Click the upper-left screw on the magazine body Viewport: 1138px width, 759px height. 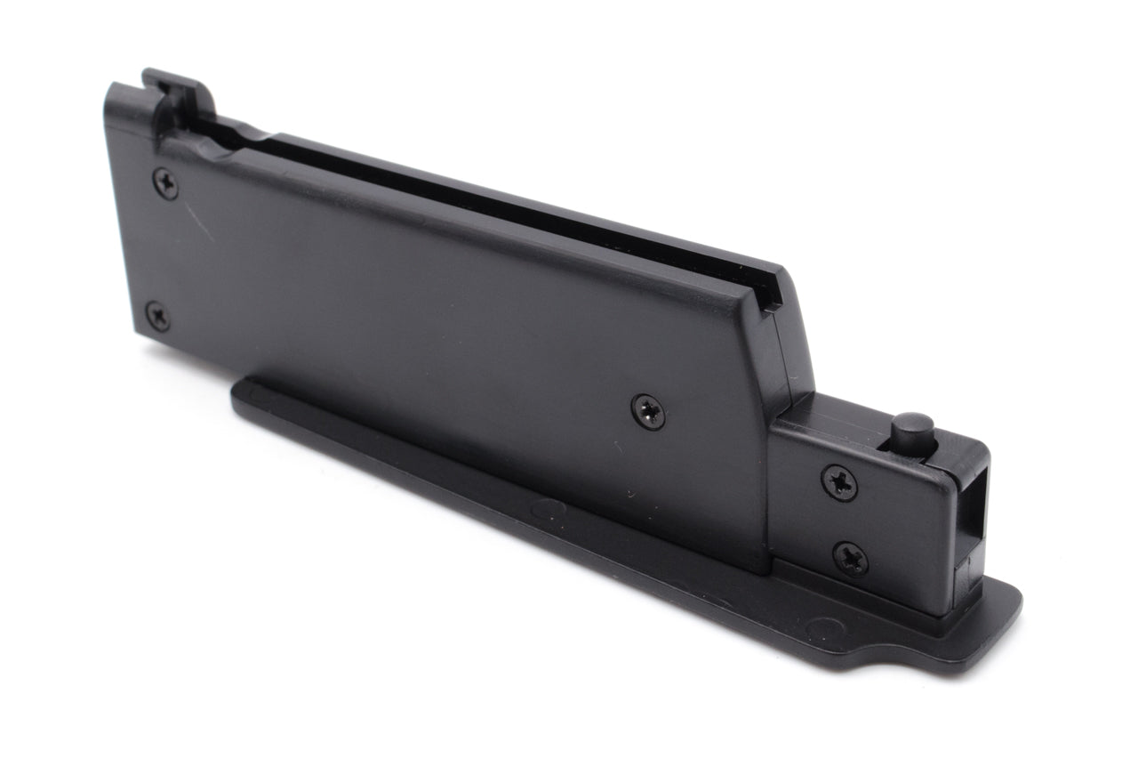click(165, 183)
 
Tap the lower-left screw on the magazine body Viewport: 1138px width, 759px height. click(157, 316)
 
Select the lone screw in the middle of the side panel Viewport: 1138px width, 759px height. click(648, 411)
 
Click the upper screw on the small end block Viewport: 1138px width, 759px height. click(839, 482)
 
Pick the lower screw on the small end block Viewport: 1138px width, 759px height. click(851, 559)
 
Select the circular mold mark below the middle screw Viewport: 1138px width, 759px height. click(548, 510)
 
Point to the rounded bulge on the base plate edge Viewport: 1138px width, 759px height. click(876, 659)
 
